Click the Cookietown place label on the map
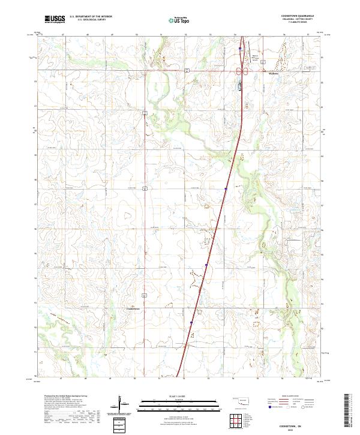[x=134, y=310]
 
